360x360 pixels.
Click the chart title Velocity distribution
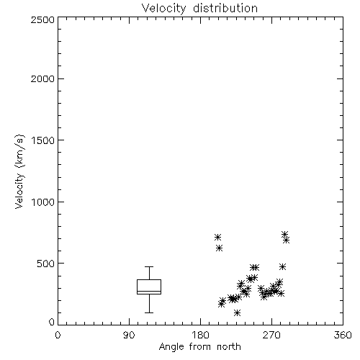pyautogui.click(x=199, y=9)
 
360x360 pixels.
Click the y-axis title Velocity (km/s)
pyautogui.click(x=19, y=171)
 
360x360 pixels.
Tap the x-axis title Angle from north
pyautogui.click(x=199, y=347)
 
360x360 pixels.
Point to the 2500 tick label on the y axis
pyautogui.click(x=42, y=19)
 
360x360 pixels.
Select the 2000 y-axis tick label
pyautogui.click(x=42, y=78)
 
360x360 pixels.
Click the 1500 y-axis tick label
pyautogui.click(x=43, y=140)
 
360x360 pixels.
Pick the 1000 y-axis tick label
pyautogui.click(x=43, y=202)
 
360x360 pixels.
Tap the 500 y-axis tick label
pyautogui.click(x=46, y=264)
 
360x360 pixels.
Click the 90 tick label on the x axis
pyautogui.click(x=129, y=335)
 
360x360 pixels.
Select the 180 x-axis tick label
pyautogui.click(x=200, y=335)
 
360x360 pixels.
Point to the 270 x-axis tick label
pyautogui.click(x=271, y=335)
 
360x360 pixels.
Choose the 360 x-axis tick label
pyautogui.click(x=343, y=335)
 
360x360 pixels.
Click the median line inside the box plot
pyautogui.click(x=149, y=292)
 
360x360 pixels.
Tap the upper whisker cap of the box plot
pyautogui.click(x=149, y=266)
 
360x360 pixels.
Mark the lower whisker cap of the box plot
pyautogui.click(x=149, y=312)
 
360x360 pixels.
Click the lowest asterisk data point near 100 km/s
pyautogui.click(x=237, y=312)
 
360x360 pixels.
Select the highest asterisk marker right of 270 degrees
pyautogui.click(x=284, y=234)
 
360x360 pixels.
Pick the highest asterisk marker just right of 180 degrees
pyautogui.click(x=217, y=238)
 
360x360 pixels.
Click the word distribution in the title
pyautogui.click(x=225, y=9)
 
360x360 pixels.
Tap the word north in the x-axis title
pyautogui.click(x=229, y=347)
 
